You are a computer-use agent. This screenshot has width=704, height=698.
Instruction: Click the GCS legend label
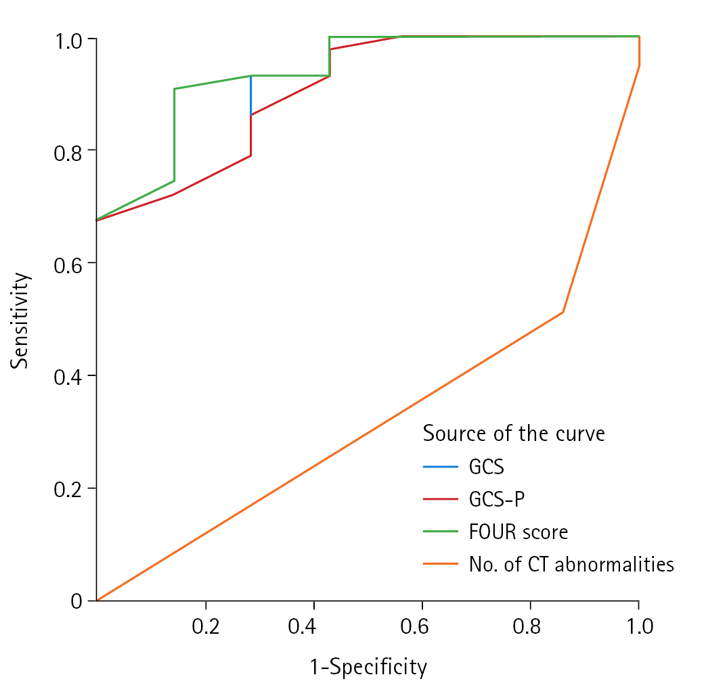click(x=486, y=467)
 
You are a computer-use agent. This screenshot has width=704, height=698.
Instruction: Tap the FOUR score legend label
click(x=518, y=532)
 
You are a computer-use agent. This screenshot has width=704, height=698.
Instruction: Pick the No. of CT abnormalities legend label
click(x=571, y=564)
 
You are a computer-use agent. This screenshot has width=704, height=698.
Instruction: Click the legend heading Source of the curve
click(x=514, y=433)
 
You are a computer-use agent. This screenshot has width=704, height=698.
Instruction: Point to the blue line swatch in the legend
click(x=440, y=467)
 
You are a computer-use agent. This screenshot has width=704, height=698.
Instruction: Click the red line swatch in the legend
click(x=440, y=499)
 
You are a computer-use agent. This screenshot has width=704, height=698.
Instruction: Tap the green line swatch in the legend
click(x=440, y=532)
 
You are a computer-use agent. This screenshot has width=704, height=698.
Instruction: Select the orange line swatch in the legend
click(x=440, y=564)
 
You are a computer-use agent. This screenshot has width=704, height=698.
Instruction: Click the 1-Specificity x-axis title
click(x=369, y=668)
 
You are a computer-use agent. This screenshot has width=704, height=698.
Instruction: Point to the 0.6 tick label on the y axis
click(x=70, y=262)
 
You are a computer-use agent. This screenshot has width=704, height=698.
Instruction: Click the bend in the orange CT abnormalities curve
click(x=563, y=312)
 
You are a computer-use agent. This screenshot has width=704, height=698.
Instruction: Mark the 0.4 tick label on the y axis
click(x=70, y=375)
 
